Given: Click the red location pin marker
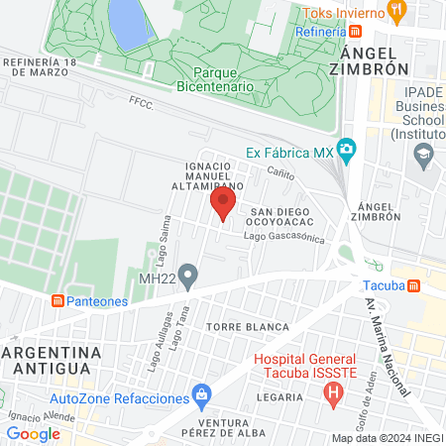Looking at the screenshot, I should (222, 205).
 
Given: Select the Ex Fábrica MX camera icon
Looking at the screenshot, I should (346, 150).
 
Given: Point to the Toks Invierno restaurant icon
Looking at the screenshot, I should (397, 11).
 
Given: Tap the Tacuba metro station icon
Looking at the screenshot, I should (411, 285).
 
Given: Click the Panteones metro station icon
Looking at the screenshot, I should (58, 300).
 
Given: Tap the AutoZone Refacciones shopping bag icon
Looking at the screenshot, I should (202, 396).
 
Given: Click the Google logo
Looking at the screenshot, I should (33, 433).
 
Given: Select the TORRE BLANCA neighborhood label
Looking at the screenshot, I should (248, 326).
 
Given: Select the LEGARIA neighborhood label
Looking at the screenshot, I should (279, 396).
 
